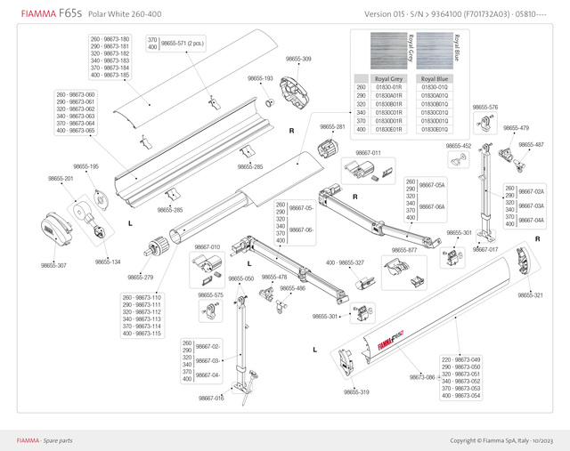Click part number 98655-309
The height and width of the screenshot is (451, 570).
[x=298, y=59]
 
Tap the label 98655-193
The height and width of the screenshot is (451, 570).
[x=260, y=78]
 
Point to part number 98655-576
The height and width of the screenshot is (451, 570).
[x=485, y=107]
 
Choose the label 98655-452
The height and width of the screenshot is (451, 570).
[x=459, y=146]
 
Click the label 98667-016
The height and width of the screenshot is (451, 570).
[x=211, y=398]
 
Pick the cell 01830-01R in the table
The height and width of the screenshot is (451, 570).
[x=387, y=87]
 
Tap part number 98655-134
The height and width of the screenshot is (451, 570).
[x=107, y=262]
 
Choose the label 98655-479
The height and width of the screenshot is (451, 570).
[x=516, y=127]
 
